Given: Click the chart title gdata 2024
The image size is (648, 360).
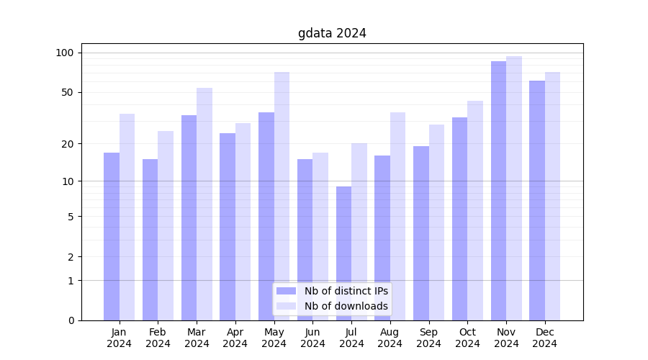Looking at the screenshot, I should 332,33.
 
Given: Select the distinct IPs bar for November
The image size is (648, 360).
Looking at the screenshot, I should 498,191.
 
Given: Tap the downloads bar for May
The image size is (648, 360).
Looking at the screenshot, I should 282,196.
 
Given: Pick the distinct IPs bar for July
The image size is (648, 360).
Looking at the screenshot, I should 343,253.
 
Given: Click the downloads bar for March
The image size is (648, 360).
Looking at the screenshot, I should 204,204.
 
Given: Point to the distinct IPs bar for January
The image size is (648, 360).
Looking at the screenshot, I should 112,236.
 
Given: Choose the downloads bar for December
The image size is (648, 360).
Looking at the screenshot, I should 552,196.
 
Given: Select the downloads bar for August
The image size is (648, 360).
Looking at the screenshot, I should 397,216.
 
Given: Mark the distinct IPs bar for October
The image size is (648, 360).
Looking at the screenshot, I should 459,219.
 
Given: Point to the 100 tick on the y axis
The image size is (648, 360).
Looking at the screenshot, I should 65,53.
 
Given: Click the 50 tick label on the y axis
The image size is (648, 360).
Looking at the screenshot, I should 68,92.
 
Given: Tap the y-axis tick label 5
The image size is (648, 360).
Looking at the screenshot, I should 71,216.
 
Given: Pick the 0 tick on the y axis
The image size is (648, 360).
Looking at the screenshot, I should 71,320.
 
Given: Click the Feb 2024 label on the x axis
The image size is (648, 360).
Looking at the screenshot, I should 158,338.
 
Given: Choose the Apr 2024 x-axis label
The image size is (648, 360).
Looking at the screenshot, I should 235,338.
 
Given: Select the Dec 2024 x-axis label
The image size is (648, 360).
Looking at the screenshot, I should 545,338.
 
